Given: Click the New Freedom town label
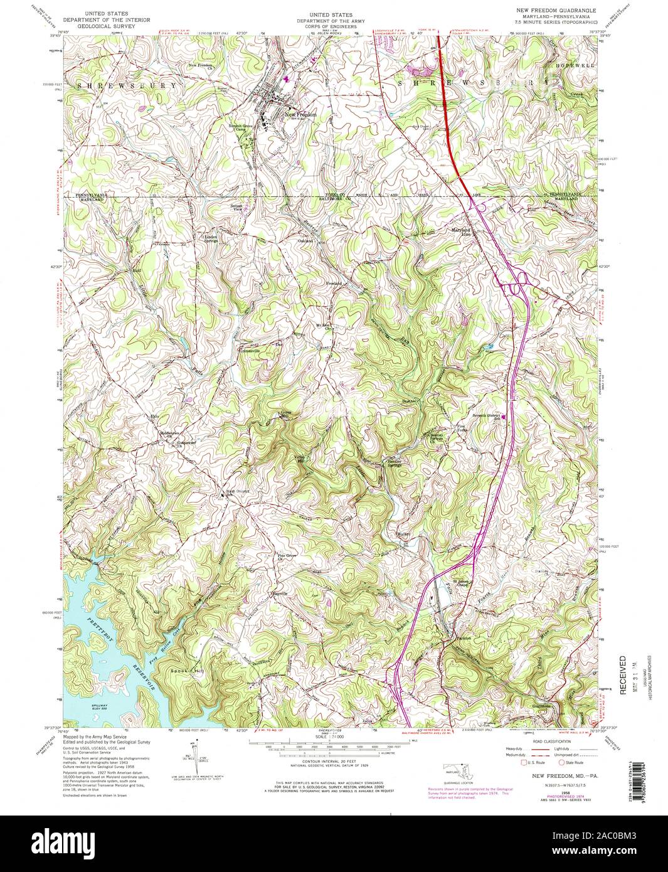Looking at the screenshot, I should tap(300, 115).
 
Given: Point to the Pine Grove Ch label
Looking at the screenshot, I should tap(286, 556).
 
